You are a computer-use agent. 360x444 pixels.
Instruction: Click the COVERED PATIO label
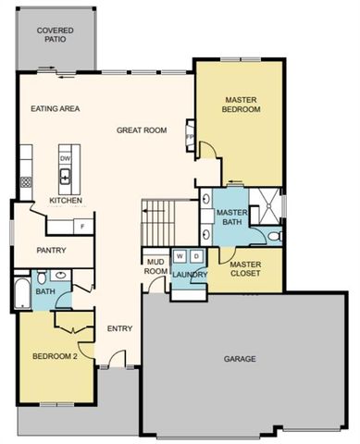point(56,36)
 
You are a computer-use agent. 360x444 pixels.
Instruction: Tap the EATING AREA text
point(56,108)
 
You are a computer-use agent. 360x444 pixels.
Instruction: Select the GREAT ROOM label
point(142,130)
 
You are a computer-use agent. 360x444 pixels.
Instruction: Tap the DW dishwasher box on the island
point(66,158)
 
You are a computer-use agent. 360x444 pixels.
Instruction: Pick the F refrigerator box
point(81,226)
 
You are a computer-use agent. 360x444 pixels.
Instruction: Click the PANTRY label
point(50,251)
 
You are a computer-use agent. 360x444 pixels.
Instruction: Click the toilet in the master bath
point(275,238)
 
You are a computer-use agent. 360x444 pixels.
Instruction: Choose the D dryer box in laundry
point(195,254)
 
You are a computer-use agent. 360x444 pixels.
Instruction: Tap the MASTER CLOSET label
point(245,268)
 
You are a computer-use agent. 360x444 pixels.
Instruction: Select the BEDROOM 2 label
point(55,356)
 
